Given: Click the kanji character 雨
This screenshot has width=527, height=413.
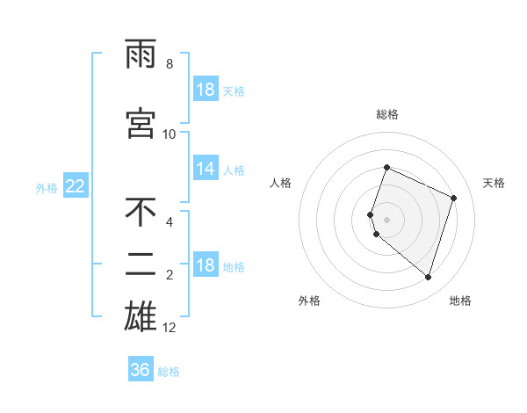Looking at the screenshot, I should (x=141, y=55).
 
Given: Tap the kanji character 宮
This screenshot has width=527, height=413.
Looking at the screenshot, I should (x=141, y=124).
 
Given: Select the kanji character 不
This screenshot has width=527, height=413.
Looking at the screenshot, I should (x=141, y=212).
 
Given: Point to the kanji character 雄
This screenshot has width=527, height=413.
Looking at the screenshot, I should (x=141, y=315).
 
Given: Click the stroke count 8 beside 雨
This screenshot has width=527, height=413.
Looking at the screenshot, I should (x=170, y=64).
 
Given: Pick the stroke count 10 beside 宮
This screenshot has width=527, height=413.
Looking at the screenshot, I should (x=170, y=134).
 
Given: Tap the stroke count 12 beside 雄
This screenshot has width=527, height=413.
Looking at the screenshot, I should (x=170, y=328).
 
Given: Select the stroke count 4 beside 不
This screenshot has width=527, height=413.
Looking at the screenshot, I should (x=170, y=222).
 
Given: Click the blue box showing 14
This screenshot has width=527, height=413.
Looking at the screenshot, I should (x=206, y=170).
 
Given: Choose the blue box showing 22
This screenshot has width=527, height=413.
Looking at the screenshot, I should (x=75, y=186).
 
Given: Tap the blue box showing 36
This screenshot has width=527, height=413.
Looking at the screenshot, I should (x=140, y=371).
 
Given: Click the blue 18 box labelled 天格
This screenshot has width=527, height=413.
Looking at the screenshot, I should (x=206, y=91).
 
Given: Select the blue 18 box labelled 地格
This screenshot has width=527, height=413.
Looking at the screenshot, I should (x=206, y=266).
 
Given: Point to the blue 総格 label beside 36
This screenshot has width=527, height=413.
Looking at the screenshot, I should (x=169, y=372).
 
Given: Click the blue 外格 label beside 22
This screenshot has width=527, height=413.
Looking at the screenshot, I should (x=46, y=187).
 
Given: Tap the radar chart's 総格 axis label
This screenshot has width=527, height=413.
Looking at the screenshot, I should (x=386, y=114).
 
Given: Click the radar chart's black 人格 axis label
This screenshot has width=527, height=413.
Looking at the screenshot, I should (x=281, y=183).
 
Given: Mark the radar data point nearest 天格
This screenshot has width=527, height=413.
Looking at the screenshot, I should (x=454, y=198).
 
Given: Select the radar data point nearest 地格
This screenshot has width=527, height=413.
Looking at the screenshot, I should (x=428, y=277).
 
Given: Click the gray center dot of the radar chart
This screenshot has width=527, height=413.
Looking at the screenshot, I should (x=386, y=219).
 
